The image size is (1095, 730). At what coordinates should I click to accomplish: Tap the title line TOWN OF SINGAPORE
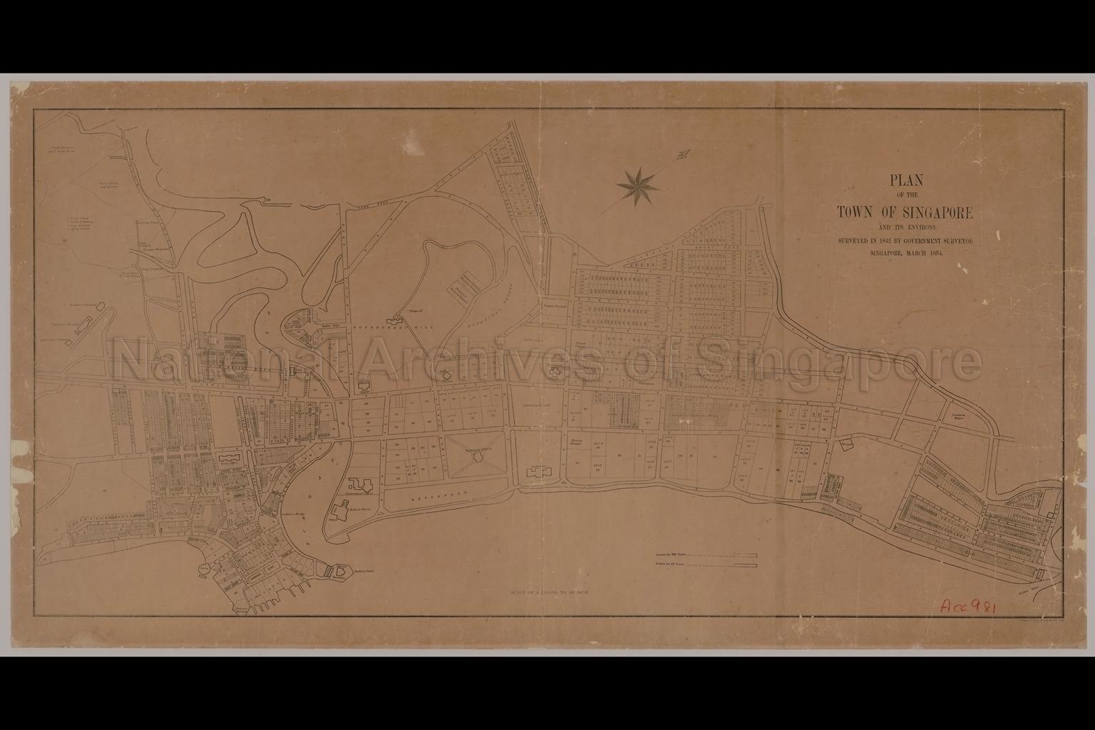tap(905, 212)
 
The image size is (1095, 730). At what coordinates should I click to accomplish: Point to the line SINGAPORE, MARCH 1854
tap(905, 253)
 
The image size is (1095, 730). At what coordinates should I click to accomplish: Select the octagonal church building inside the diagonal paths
tap(473, 458)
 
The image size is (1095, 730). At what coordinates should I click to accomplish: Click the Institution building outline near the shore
tap(538, 471)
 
